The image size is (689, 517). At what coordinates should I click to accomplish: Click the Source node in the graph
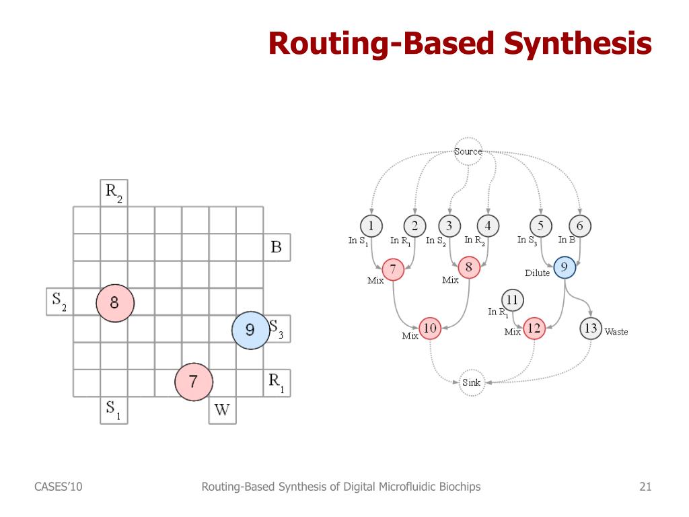tap(468, 151)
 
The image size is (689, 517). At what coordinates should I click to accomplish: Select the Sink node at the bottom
tap(471, 382)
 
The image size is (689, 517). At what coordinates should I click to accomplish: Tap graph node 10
tap(429, 329)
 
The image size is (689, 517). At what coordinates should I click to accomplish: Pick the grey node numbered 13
tap(591, 329)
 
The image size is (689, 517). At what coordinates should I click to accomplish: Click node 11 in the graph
tap(513, 299)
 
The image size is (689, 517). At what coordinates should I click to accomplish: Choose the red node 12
tap(534, 329)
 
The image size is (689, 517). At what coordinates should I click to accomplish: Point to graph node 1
tap(371, 226)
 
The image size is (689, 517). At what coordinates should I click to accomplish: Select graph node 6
tap(579, 226)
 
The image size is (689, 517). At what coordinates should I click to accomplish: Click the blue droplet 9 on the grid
tap(250, 331)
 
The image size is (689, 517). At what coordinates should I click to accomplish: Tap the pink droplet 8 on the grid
tap(115, 304)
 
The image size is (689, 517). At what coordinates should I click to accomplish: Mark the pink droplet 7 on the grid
tap(194, 382)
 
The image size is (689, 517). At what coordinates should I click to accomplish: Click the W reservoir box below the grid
tap(222, 410)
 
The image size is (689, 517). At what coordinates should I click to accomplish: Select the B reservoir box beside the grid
tap(277, 247)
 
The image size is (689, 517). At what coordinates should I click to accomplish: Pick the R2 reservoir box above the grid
tap(114, 193)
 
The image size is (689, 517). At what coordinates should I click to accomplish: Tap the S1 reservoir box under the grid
tap(114, 409)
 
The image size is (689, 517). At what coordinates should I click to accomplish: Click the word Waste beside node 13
tap(616, 332)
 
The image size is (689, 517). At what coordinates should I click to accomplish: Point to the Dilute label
tap(538, 273)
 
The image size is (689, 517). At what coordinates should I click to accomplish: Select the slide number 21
tap(645, 487)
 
